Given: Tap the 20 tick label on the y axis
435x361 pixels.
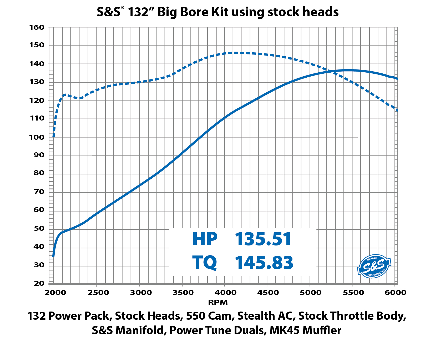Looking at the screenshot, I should coord(39,283).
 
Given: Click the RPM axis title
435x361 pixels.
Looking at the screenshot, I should coord(218,302).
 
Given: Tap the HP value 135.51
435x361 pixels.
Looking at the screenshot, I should coord(263,239).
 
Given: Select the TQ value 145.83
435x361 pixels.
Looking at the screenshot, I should coord(264,263).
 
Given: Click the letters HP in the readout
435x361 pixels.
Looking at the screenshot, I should coord(205,239).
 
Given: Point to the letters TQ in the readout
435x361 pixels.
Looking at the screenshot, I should coord(205,263).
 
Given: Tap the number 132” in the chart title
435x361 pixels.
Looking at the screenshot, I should coord(140,12).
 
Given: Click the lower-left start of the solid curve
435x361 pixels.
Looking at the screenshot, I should coord(53,256).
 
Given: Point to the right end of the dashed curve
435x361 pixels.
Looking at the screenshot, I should coord(397,110).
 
